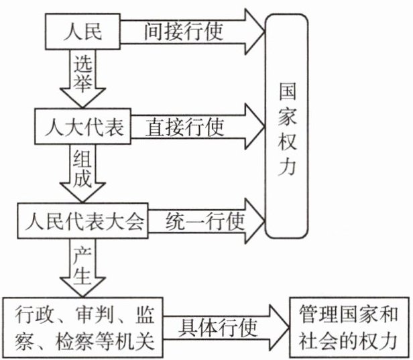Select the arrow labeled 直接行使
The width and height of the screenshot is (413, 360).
point(194,125)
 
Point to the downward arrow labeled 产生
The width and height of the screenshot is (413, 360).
point(83,265)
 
